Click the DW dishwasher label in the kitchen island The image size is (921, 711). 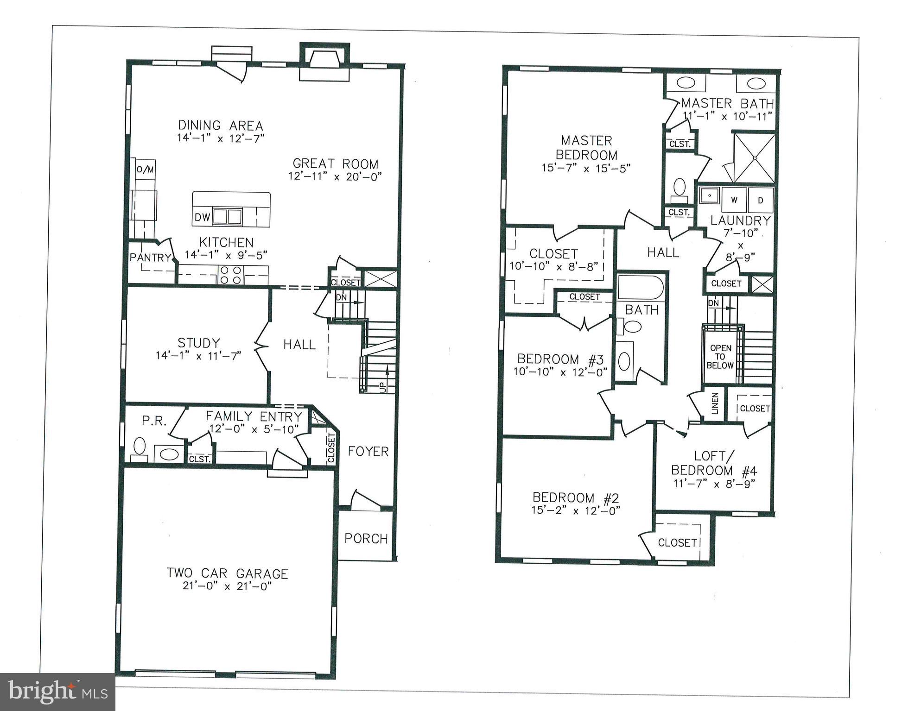point(202,217)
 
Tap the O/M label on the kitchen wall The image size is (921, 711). point(145,170)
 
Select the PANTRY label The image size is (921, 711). point(150,258)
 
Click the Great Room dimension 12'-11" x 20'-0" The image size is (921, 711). point(335,176)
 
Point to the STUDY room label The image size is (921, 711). point(198,343)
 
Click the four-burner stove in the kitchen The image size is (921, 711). point(230,275)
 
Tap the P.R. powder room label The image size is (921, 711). point(154,421)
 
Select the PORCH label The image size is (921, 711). point(366,538)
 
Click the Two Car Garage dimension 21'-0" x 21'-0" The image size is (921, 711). point(227,586)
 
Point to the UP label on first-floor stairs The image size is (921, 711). point(383,387)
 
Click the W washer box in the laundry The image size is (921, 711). point(734,200)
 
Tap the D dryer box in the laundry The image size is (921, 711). point(760,200)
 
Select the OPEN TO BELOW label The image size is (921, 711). point(720,357)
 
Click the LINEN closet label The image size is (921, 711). point(714,403)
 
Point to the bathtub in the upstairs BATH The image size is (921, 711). point(641,288)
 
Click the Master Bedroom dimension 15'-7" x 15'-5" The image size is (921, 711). point(586,168)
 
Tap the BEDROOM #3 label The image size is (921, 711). point(560,359)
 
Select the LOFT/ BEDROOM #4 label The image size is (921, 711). point(714,464)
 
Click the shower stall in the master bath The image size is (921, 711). point(754,157)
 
